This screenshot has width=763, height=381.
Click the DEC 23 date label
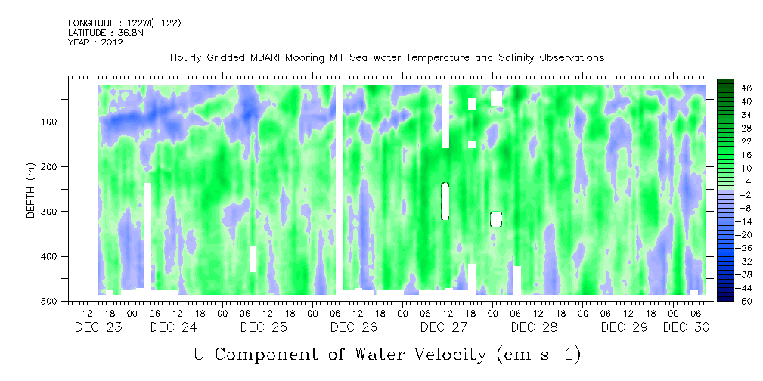pyautogui.click(x=98, y=327)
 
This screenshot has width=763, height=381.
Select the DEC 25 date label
pyautogui.click(x=264, y=327)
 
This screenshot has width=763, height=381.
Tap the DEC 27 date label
pyautogui.click(x=444, y=327)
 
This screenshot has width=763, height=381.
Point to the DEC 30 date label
pyautogui.click(x=686, y=327)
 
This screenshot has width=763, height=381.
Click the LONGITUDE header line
pyautogui.click(x=125, y=23)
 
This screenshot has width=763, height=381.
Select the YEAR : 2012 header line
pyautogui.click(x=95, y=42)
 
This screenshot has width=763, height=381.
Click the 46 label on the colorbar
pyautogui.click(x=726, y=88)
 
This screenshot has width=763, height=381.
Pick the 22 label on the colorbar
pyautogui.click(x=726, y=142)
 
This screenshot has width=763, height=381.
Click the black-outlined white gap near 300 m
pyautogui.click(x=496, y=219)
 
